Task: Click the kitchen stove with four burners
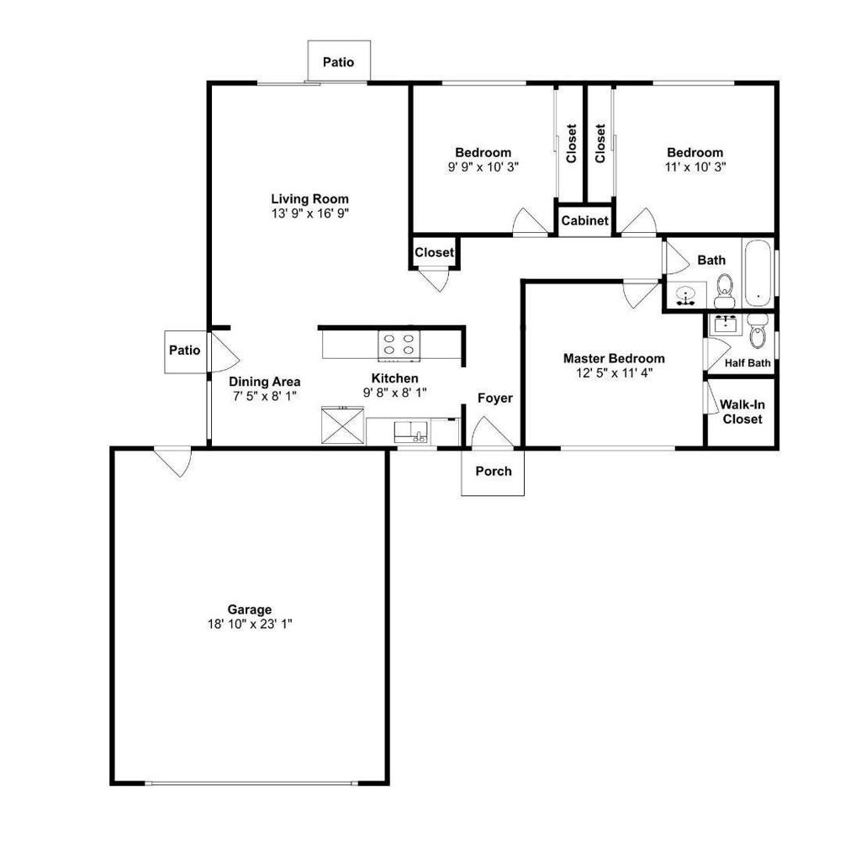pyautogui.click(x=399, y=346)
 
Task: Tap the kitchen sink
pyautogui.click(x=411, y=432)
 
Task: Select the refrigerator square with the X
pyautogui.click(x=342, y=425)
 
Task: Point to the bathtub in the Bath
pyautogui.click(x=758, y=273)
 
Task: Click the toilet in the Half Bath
pyautogui.click(x=758, y=332)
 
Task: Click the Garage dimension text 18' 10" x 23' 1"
pyautogui.click(x=250, y=624)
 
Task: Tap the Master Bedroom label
pyautogui.click(x=614, y=359)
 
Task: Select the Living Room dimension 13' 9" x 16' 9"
pyautogui.click(x=310, y=213)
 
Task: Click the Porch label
pyautogui.click(x=494, y=471)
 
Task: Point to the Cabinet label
pyautogui.click(x=585, y=221)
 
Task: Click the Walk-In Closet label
pyautogui.click(x=742, y=412)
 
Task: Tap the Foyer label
pyautogui.click(x=494, y=398)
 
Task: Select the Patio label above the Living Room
pyautogui.click(x=338, y=62)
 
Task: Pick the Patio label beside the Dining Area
pyautogui.click(x=184, y=351)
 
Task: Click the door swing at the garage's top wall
pyautogui.click(x=174, y=462)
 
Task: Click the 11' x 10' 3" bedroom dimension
pyautogui.click(x=695, y=167)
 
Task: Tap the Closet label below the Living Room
pyautogui.click(x=435, y=252)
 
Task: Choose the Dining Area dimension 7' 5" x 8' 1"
pyautogui.click(x=265, y=396)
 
